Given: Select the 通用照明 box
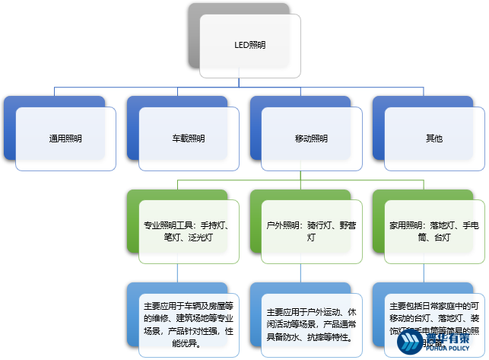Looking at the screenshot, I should tap(65, 139).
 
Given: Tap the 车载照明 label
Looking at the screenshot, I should tap(188, 139).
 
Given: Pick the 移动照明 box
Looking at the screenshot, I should tap(311, 139).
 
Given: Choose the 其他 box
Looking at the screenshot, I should tap(433, 139).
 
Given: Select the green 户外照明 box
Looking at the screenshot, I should tap(311, 231).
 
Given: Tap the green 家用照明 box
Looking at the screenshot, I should tap(433, 231).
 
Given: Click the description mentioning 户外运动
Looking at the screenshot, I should tap(311, 324).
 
